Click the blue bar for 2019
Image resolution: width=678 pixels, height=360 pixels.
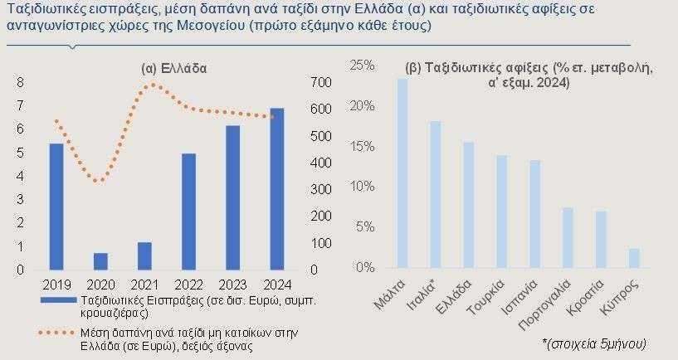click(56, 207)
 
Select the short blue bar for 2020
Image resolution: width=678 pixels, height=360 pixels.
click(100, 261)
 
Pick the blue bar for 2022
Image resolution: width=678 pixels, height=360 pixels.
click(189, 212)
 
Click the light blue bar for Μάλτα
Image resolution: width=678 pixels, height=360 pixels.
click(402, 173)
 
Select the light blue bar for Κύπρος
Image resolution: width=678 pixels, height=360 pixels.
click(634, 258)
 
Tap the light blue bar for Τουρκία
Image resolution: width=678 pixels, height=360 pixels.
click(501, 212)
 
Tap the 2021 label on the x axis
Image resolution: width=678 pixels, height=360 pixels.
click(145, 285)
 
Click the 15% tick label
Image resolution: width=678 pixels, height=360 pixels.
click(361, 146)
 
